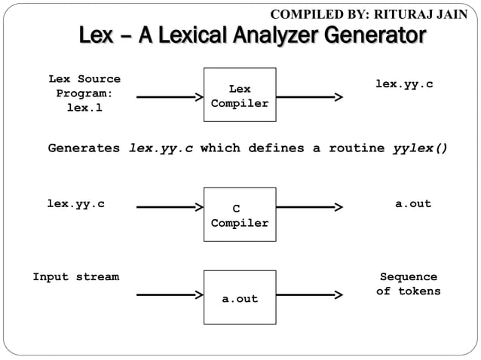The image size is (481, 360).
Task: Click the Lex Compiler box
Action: point(240,96)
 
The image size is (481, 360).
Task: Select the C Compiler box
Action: point(240,215)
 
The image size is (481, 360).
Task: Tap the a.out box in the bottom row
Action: point(240,297)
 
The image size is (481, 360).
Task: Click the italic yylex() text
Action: point(420,148)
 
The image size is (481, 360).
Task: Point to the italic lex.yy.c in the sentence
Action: point(161,148)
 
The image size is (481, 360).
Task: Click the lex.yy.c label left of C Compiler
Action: point(75,204)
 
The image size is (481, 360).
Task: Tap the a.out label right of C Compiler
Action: point(413,204)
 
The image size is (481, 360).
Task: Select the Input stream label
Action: point(75,277)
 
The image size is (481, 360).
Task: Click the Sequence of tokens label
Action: point(408,284)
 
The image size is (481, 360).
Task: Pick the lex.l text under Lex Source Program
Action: point(84,108)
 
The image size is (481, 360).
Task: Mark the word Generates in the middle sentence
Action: point(84,148)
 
